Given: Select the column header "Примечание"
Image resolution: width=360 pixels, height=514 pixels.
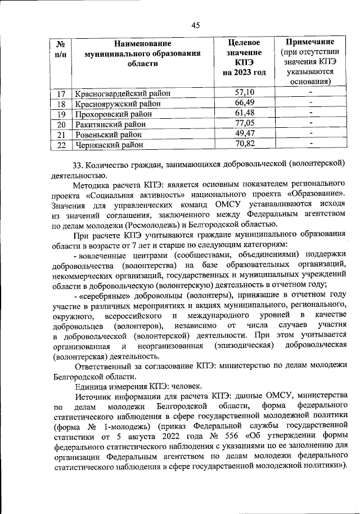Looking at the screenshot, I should coord(310,42).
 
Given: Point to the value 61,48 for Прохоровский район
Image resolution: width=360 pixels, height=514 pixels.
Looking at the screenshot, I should coord(245,113).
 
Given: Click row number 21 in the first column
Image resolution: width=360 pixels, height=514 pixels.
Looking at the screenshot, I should coord(61,135).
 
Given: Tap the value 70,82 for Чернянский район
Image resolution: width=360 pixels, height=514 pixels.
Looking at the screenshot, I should coord(245,144).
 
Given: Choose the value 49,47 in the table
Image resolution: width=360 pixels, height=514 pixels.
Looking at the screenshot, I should coord(245,134).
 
